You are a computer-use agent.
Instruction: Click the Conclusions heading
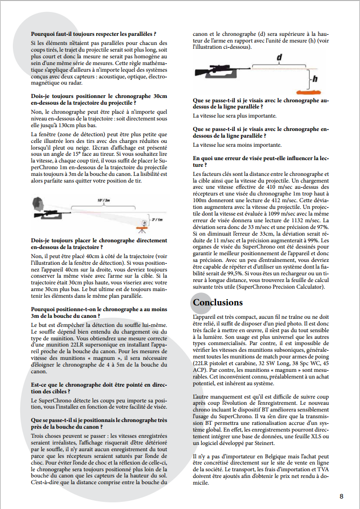[x=218, y=303]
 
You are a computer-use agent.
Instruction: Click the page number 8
[x=341, y=496]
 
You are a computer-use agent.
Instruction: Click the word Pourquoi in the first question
[x=44, y=34]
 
